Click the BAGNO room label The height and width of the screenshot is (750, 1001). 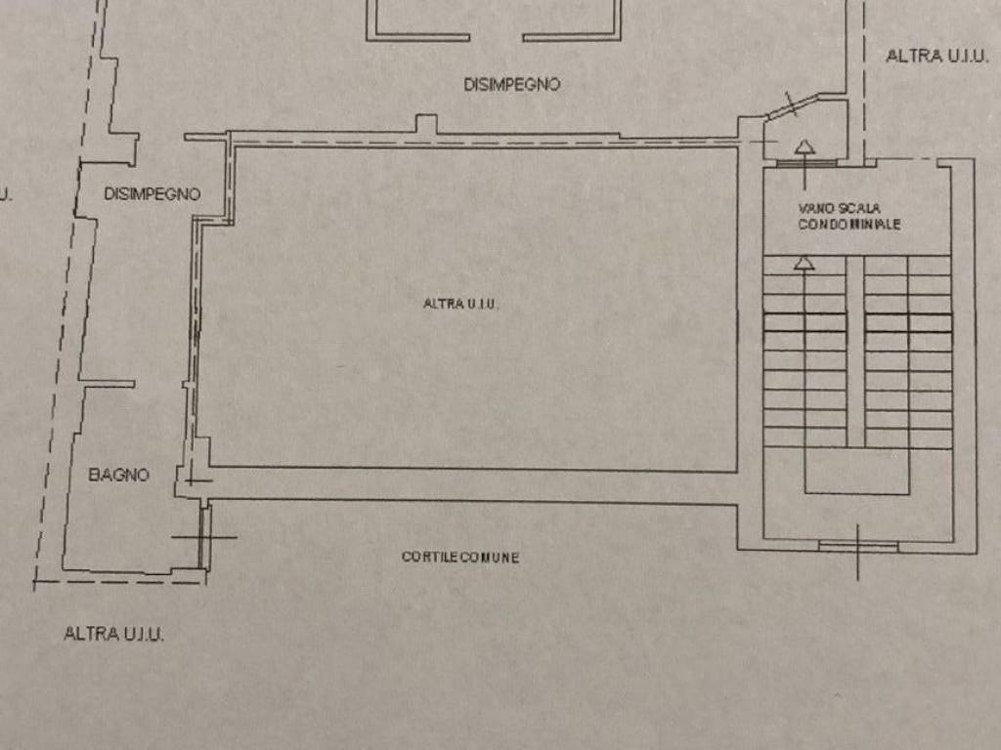[118, 475]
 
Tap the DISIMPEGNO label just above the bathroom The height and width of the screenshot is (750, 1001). [152, 194]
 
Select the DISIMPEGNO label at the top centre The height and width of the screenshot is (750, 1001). [512, 84]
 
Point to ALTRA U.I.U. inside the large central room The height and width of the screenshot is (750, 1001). [460, 304]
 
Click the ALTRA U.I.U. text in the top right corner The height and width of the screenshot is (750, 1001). [937, 56]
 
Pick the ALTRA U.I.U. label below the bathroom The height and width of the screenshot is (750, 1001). [113, 633]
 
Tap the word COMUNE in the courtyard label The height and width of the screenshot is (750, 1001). [490, 558]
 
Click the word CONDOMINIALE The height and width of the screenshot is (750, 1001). [849, 225]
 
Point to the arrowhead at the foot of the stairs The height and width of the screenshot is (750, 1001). [805, 263]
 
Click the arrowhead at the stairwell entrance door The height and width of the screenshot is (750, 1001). [805, 147]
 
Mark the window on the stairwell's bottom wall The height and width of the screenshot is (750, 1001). [858, 546]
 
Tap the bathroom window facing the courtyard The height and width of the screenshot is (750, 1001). [205, 536]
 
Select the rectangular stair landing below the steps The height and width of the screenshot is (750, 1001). [856, 470]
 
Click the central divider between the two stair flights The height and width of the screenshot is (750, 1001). [855, 352]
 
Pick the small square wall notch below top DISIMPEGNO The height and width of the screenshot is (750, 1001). [426, 124]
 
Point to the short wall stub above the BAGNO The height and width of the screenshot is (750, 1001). [108, 384]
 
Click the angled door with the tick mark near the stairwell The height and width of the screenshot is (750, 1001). [792, 106]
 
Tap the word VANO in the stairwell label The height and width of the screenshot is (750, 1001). [816, 209]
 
